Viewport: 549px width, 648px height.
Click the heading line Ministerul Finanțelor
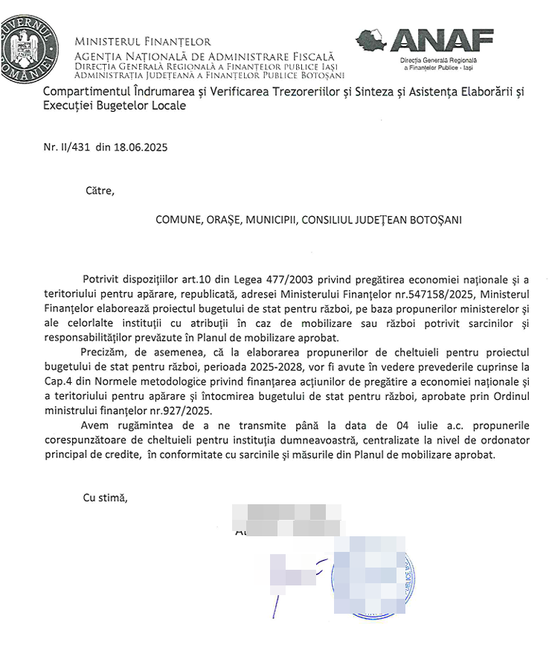tap(142, 42)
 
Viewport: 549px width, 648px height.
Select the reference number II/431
tap(74, 147)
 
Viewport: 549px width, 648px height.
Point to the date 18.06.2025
tap(141, 147)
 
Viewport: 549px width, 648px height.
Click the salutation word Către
tap(100, 191)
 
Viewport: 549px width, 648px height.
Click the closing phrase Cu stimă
tap(105, 498)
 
